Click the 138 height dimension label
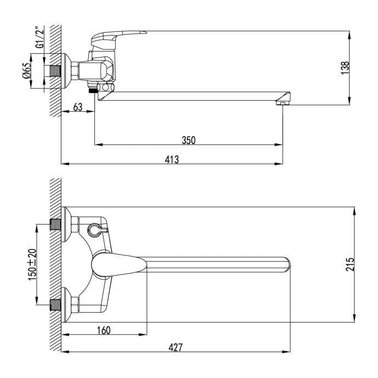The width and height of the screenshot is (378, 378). [x=344, y=67]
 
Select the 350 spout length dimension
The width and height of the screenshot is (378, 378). [x=188, y=140]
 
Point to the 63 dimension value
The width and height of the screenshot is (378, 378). [x=77, y=108]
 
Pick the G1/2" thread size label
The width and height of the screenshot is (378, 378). [x=39, y=38]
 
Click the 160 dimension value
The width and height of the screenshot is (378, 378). [x=104, y=330]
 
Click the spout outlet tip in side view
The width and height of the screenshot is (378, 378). [x=283, y=102]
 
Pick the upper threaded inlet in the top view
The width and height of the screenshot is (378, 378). [x=55, y=224]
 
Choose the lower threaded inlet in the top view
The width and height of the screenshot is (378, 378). [x=55, y=304]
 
